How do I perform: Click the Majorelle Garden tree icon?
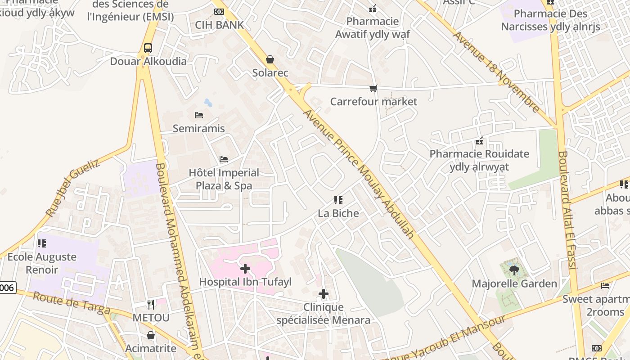[514, 270]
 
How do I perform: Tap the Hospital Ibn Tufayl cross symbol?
[245, 269]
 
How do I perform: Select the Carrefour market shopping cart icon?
[373, 88]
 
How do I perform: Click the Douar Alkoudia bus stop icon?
[148, 48]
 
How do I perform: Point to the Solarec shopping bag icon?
[270, 59]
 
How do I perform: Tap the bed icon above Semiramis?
[199, 115]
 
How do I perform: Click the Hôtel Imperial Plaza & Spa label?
[224, 179]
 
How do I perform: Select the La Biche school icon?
[338, 200]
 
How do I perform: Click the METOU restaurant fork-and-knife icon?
[151, 305]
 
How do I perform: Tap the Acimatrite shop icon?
[151, 335]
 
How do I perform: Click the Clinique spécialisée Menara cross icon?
[323, 294]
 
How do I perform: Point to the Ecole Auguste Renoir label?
[42, 263]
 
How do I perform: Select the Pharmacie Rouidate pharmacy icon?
[479, 141]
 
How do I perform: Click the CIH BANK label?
[219, 25]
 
